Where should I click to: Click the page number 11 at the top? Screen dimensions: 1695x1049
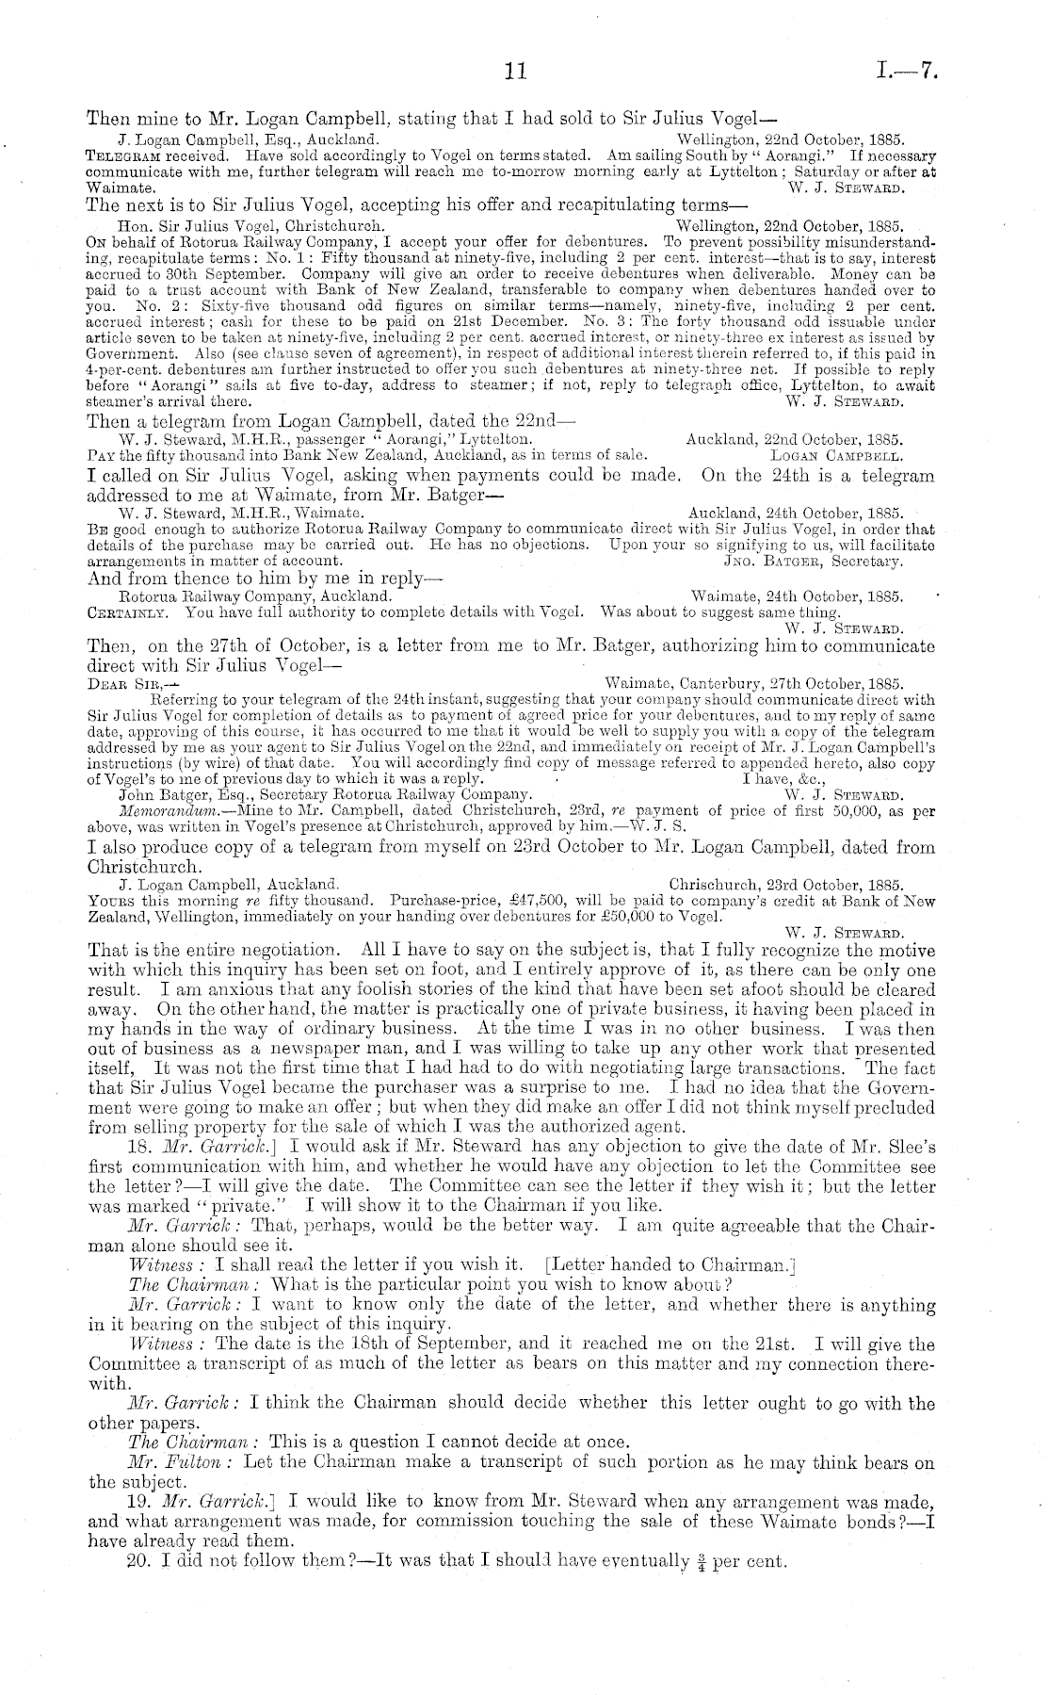point(515,70)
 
